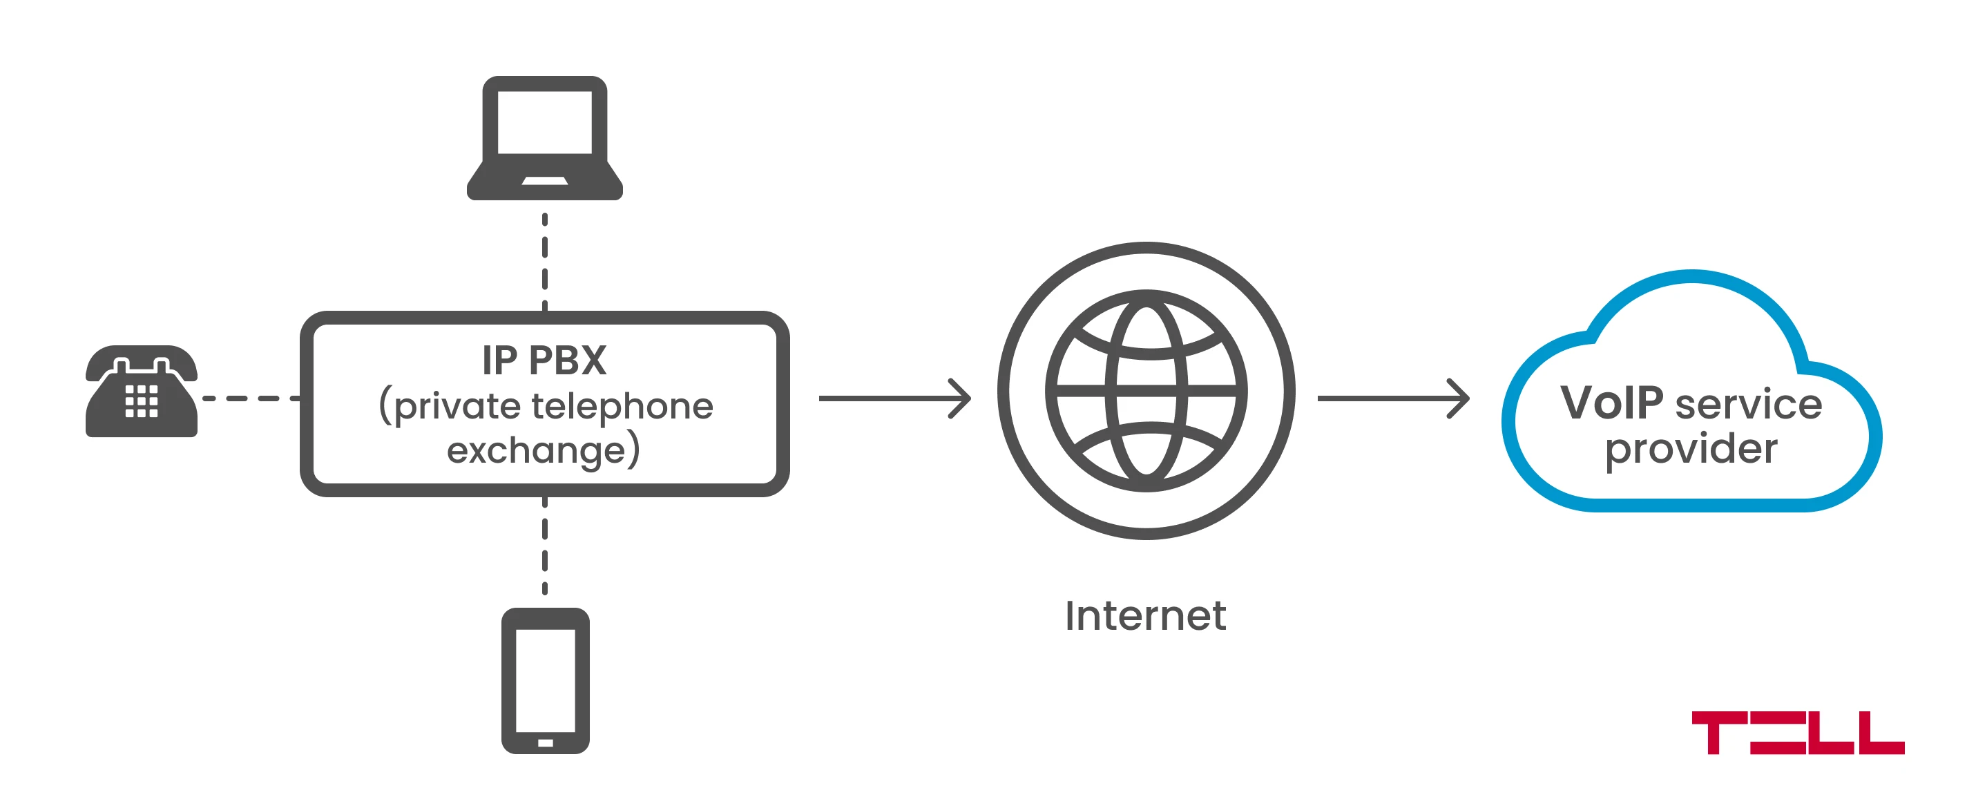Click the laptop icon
click(544, 137)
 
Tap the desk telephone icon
click(142, 391)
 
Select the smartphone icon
click(545, 680)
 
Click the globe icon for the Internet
click(1145, 390)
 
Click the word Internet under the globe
click(1145, 615)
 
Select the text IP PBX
click(544, 360)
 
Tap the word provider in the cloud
click(1691, 448)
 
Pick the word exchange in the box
click(536, 450)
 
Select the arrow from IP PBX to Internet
click(894, 398)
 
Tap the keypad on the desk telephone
click(142, 401)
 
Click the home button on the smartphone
click(545, 742)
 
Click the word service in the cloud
click(1749, 404)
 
